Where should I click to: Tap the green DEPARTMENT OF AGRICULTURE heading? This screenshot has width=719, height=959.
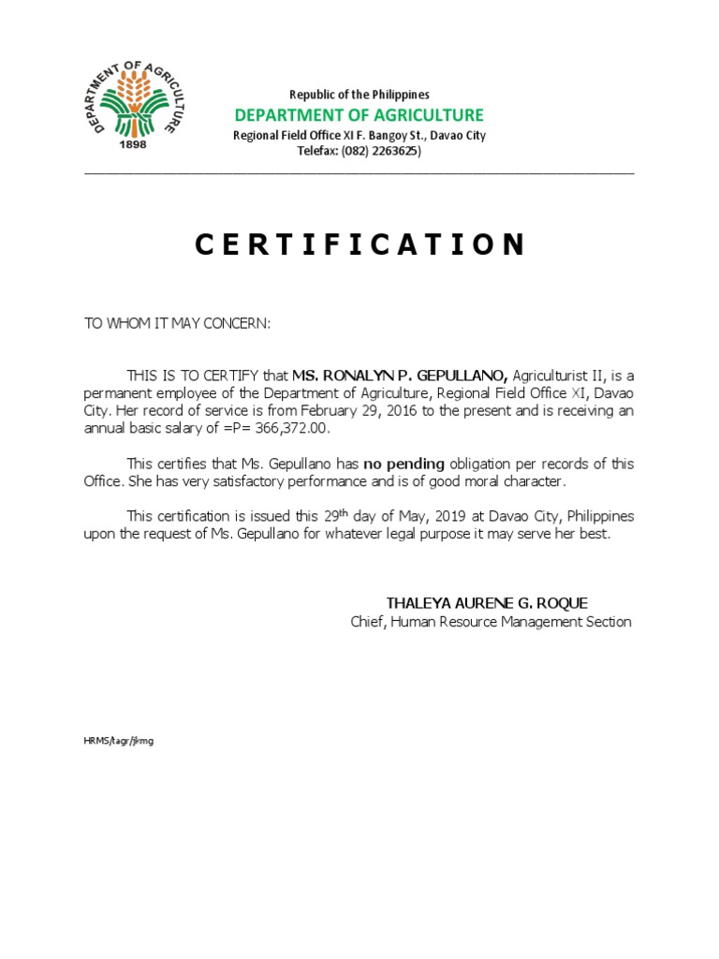pyautogui.click(x=359, y=115)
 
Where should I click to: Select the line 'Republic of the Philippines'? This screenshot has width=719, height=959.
pyautogui.click(x=359, y=95)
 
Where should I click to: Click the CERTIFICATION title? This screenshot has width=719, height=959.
pyautogui.click(x=359, y=245)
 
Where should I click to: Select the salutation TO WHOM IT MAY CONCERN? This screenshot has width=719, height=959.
pyautogui.click(x=177, y=323)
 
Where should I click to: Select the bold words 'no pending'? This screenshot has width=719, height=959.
pyautogui.click(x=404, y=464)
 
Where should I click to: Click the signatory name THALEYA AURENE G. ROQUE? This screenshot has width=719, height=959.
pyautogui.click(x=487, y=603)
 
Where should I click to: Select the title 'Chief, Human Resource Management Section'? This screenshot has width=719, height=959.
pyautogui.click(x=491, y=622)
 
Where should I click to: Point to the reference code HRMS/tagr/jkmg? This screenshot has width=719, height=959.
pyautogui.click(x=118, y=741)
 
